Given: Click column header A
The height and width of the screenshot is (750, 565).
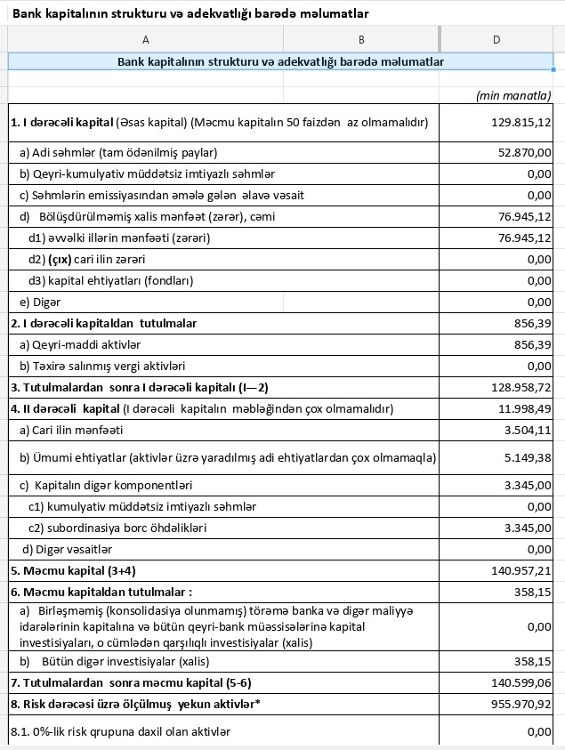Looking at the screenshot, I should (145, 38).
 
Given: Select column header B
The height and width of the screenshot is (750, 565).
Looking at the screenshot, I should (361, 38).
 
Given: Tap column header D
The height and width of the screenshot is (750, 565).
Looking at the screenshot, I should (496, 38).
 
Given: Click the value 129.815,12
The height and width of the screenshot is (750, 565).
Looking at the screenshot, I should (521, 122).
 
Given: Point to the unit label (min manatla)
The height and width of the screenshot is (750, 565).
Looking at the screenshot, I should (514, 94).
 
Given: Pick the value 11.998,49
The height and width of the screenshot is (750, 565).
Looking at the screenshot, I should (525, 408).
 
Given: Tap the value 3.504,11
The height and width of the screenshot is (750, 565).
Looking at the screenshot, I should (528, 430).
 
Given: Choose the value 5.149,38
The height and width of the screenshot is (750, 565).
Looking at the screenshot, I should (528, 457).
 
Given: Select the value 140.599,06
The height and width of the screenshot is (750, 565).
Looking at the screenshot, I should (521, 682).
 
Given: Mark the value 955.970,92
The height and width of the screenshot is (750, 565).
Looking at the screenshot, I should (521, 704).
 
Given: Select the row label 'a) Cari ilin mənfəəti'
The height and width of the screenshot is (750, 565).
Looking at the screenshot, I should (71, 430).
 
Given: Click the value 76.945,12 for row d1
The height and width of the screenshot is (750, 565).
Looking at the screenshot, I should (525, 238).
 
